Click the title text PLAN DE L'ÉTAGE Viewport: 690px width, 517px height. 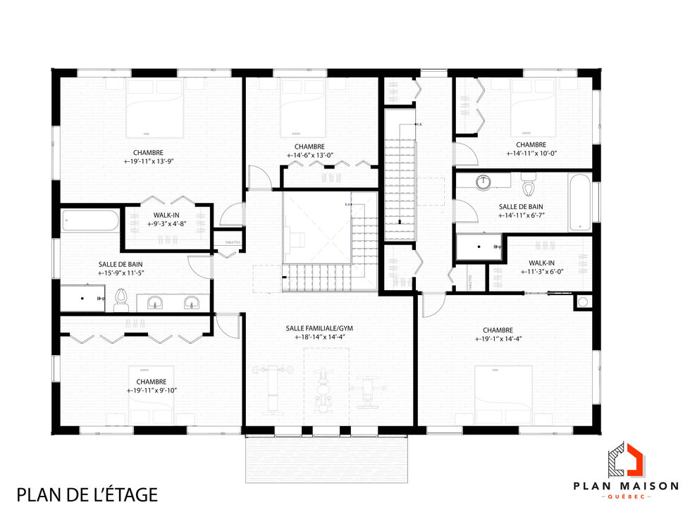tap(87, 494)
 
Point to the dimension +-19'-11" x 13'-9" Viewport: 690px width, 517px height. tap(148, 161)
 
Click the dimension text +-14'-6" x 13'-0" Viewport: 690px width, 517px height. tap(309, 156)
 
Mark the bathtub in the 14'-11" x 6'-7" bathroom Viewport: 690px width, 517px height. tap(579, 202)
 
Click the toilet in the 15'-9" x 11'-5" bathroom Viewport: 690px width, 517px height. tap(121, 300)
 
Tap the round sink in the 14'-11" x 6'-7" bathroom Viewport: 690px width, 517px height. tap(483, 183)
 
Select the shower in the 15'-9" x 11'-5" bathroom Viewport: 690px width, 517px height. tap(82, 299)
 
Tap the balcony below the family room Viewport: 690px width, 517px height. tap(326, 459)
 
